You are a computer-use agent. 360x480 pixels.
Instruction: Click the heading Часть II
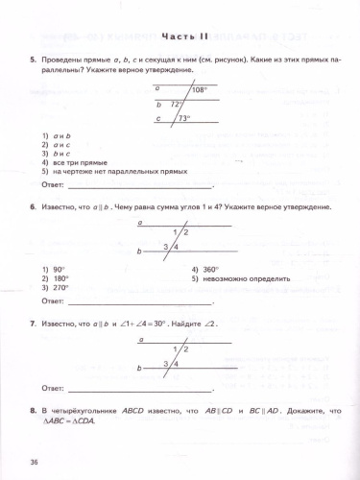point(179,36)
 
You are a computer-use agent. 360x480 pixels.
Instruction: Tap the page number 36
point(35,464)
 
